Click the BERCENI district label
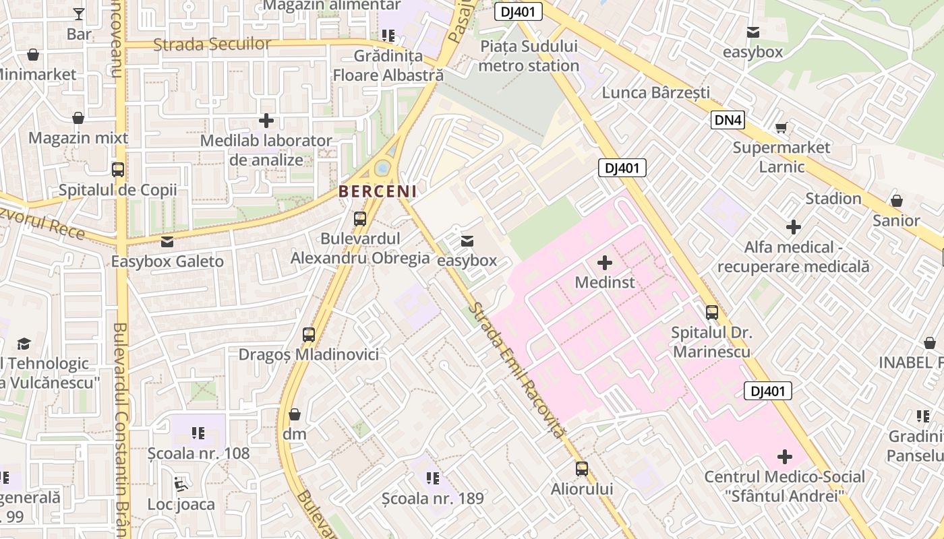(377, 191)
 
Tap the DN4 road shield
(729, 121)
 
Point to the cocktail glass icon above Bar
(79, 13)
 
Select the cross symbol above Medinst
(605, 262)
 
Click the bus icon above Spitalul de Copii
(118, 170)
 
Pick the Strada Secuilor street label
(212, 44)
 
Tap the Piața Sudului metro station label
(529, 56)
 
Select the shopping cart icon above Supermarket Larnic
(781, 127)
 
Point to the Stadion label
(833, 199)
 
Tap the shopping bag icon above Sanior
(896, 201)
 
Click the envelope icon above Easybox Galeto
(167, 241)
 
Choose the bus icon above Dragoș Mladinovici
(309, 334)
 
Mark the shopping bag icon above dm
(295, 414)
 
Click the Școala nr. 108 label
(199, 453)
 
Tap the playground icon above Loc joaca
(181, 484)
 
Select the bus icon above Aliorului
(582, 468)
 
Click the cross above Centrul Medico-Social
(785, 457)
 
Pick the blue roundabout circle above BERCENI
(383, 167)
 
